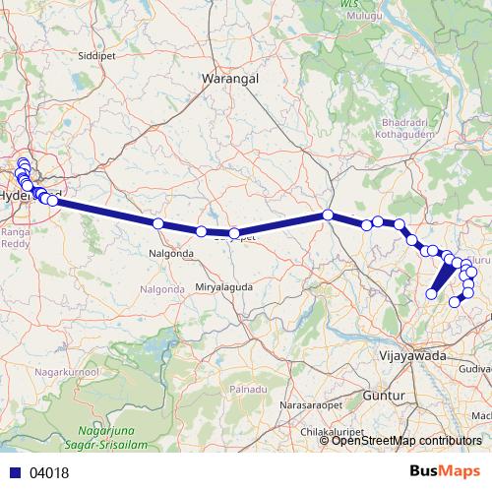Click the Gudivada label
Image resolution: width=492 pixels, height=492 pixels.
474,367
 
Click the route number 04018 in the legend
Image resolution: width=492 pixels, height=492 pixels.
50,472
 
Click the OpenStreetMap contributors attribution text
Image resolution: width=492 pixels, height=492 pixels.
406,440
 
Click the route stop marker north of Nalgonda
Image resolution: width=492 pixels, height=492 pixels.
158,223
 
